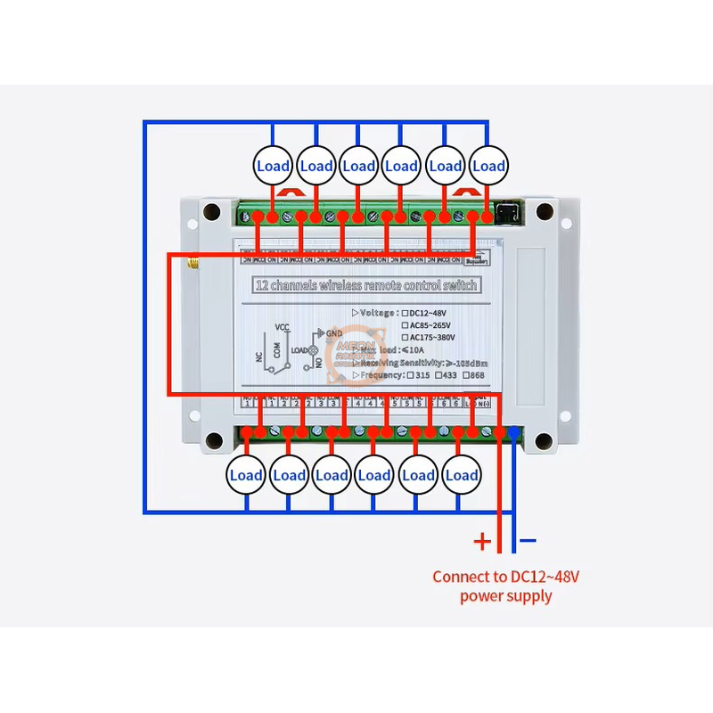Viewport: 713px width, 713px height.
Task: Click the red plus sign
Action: (x=481, y=540)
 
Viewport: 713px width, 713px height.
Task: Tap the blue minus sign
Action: (x=529, y=540)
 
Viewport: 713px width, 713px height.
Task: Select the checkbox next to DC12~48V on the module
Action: (x=406, y=314)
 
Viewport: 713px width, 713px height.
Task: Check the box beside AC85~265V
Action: (x=406, y=326)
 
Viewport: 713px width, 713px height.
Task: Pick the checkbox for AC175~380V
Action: (x=406, y=339)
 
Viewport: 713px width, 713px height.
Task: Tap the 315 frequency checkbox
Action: (x=411, y=376)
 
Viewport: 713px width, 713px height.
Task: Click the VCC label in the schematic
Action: (x=283, y=327)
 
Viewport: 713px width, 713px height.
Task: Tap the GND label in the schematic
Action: (x=334, y=333)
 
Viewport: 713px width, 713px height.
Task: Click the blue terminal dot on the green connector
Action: (x=514, y=432)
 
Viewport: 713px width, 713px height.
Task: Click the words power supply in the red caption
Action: (x=505, y=595)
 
